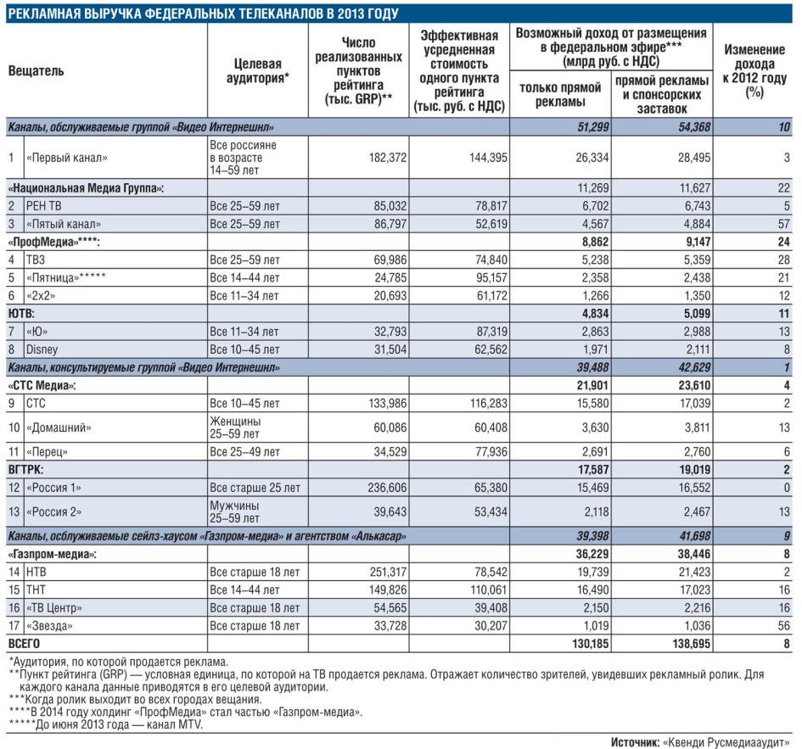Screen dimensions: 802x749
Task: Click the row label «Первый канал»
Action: click(x=66, y=158)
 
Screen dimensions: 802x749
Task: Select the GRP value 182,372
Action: click(x=388, y=158)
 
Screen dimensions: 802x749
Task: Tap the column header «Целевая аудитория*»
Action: click(x=258, y=70)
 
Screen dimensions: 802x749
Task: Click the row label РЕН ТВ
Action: click(x=43, y=206)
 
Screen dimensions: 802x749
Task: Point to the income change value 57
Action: click(x=783, y=224)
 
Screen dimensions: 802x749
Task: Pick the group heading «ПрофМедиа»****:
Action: click(x=53, y=242)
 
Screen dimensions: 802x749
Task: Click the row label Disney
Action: click(x=42, y=349)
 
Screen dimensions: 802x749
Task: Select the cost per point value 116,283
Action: click(x=489, y=404)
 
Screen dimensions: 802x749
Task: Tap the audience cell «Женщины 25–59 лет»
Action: click(x=235, y=428)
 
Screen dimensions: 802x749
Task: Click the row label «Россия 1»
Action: click(x=53, y=488)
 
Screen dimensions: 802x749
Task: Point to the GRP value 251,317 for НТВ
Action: click(x=388, y=572)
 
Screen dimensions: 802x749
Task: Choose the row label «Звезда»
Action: click(x=49, y=626)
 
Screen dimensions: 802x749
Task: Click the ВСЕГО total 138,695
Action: click(x=692, y=644)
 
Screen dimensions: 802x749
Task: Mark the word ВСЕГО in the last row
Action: click(x=24, y=644)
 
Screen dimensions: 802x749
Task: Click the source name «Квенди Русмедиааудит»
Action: click(x=726, y=742)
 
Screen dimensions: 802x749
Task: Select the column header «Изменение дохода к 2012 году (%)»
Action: click(x=754, y=70)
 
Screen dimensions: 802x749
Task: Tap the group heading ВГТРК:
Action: click(x=25, y=470)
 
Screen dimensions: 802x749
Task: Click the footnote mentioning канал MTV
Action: click(x=106, y=724)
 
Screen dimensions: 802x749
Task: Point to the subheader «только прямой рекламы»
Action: click(x=560, y=95)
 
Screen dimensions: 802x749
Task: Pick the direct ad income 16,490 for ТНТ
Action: click(x=593, y=590)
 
